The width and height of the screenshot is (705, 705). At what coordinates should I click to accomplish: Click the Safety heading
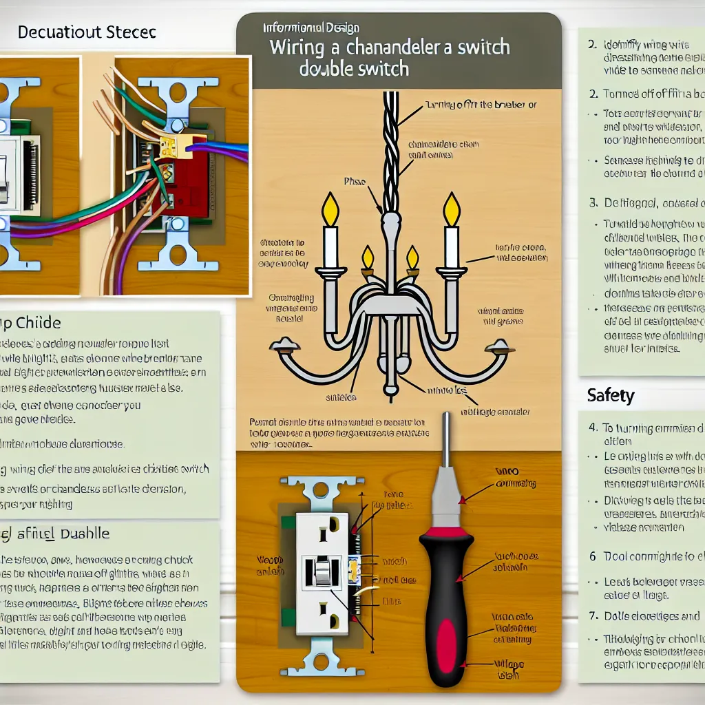pyautogui.click(x=611, y=396)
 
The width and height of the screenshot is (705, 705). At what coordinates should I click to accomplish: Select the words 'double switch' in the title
pyautogui.click(x=354, y=69)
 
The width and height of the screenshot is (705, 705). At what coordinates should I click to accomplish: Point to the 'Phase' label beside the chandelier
pyautogui.click(x=353, y=182)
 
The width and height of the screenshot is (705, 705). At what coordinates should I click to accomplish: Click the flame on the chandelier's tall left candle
pyautogui.click(x=331, y=209)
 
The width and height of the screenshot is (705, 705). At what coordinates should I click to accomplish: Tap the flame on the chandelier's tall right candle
pyautogui.click(x=452, y=209)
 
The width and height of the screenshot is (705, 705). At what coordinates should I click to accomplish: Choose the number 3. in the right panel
pyautogui.click(x=593, y=203)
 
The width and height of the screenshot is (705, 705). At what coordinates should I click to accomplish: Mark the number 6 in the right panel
pyautogui.click(x=592, y=556)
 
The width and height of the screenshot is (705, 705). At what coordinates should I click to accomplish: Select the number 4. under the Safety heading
pyautogui.click(x=593, y=427)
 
